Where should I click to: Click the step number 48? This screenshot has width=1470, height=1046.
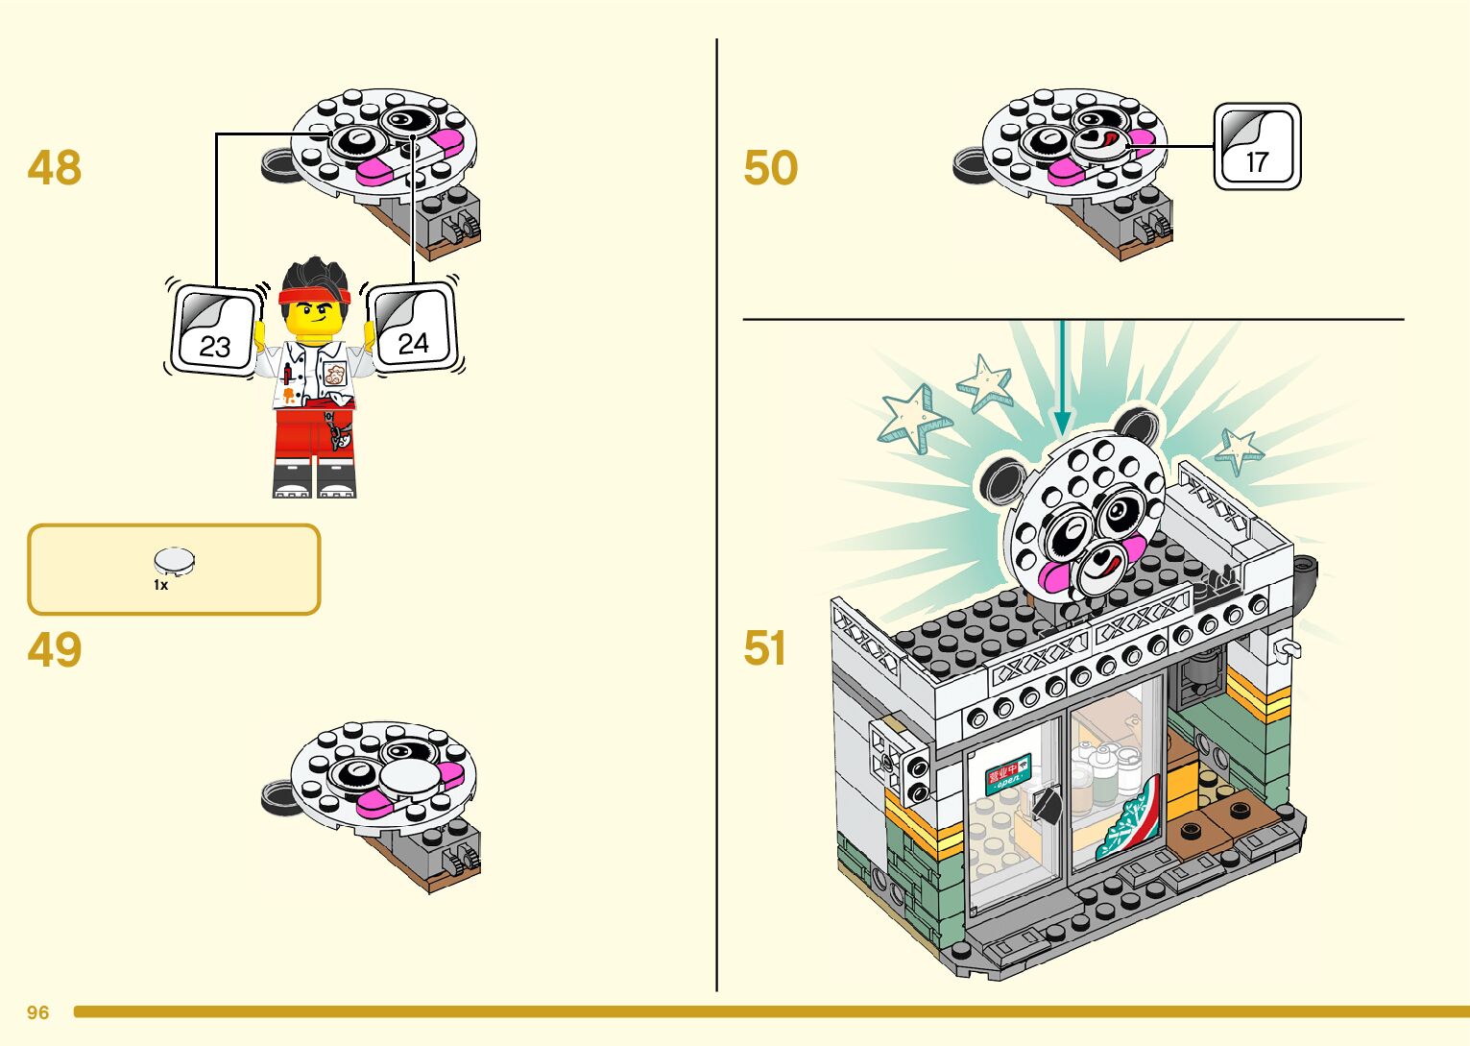coord(55,168)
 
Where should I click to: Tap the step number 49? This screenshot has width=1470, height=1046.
coord(55,650)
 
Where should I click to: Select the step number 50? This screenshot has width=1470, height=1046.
coord(770,168)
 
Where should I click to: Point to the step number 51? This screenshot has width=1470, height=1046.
coord(764,648)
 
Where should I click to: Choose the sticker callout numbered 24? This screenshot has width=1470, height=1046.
coord(413,328)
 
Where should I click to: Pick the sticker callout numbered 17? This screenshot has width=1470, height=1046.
coord(1257,147)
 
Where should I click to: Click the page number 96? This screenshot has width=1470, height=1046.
coord(38,1012)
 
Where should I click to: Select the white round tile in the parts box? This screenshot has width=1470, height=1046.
coord(175,561)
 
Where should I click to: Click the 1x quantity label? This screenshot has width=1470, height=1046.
coord(160,584)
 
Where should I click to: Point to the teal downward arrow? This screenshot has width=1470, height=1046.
coord(1061,384)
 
